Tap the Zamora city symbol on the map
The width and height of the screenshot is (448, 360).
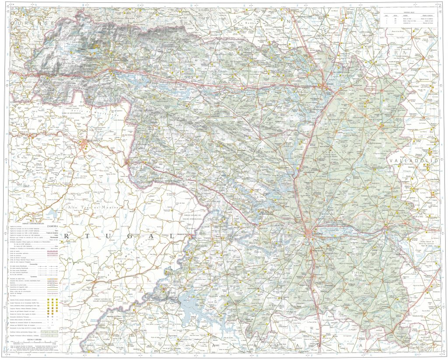[x=310, y=233]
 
